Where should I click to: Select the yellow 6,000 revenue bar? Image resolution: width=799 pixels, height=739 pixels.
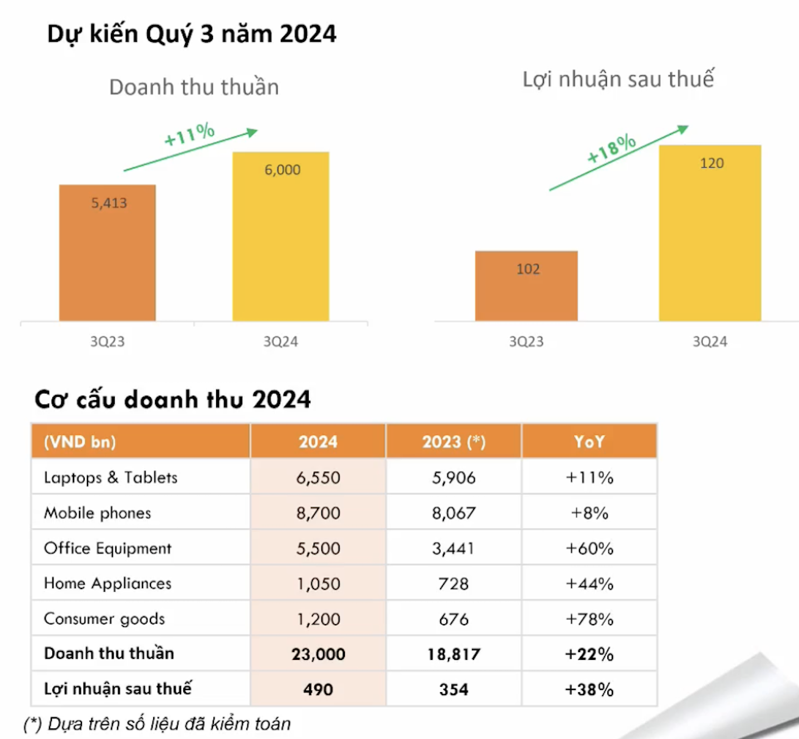click(x=281, y=236)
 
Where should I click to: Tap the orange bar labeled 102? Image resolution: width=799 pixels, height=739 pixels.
click(x=526, y=286)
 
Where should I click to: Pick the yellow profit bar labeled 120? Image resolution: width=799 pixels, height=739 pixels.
click(x=710, y=233)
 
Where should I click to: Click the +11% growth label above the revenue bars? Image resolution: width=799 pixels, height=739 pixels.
click(x=189, y=134)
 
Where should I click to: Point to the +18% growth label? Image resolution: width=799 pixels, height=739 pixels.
click(x=611, y=148)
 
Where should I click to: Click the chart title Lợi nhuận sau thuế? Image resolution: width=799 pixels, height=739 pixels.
click(x=618, y=79)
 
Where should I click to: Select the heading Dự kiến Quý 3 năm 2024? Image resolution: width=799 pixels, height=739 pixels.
click(x=192, y=34)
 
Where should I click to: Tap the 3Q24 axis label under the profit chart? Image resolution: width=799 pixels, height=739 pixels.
click(x=710, y=342)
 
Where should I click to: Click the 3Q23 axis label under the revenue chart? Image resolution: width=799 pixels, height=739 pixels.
click(x=108, y=342)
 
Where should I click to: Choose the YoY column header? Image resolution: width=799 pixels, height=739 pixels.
click(x=589, y=442)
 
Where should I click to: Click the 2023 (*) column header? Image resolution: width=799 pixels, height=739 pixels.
click(x=454, y=442)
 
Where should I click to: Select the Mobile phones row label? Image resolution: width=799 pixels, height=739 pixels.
click(x=98, y=513)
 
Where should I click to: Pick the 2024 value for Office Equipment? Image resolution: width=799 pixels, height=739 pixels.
click(x=318, y=548)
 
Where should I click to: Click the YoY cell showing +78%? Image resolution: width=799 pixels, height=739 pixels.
click(x=589, y=619)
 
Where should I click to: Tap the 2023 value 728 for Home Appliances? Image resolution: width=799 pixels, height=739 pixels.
click(x=454, y=584)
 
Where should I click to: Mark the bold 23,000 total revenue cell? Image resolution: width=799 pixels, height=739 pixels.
click(x=318, y=654)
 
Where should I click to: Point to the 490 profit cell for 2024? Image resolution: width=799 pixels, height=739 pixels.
click(x=318, y=689)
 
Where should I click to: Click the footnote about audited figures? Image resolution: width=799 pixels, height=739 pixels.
click(x=157, y=724)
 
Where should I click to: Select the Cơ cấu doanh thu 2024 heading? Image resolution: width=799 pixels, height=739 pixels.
click(x=173, y=400)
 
